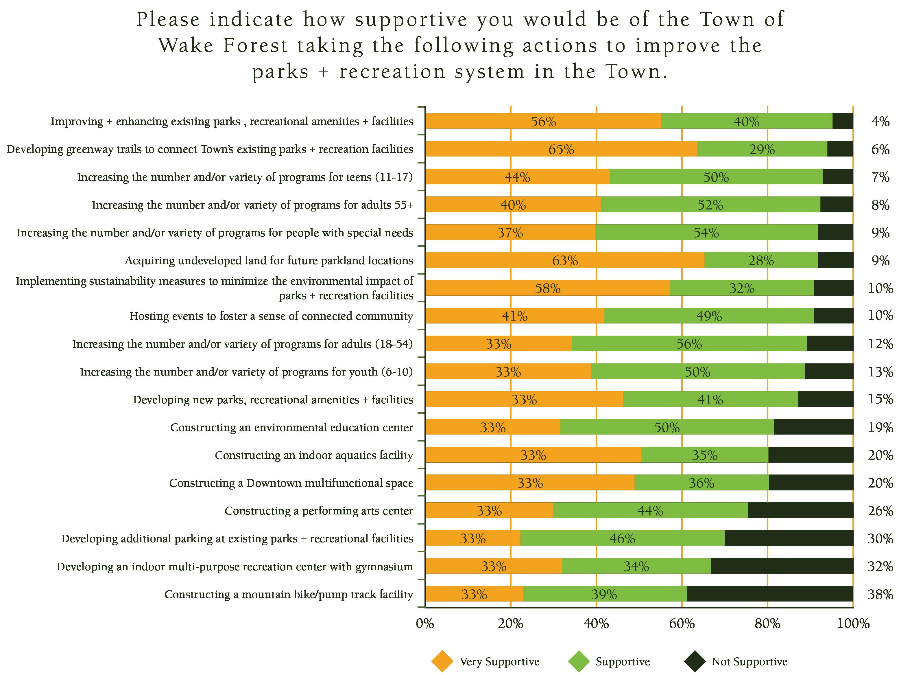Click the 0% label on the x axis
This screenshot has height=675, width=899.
tap(425, 624)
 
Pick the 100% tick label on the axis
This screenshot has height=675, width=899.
tap(853, 624)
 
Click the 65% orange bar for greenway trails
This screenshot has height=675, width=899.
tap(561, 149)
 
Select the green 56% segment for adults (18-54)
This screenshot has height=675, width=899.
tap(689, 344)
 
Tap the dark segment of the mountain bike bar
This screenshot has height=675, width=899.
tap(770, 594)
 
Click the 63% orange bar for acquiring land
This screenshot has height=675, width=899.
tap(565, 260)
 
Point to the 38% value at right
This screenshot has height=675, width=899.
tap(880, 595)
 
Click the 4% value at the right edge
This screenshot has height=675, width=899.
tap(880, 122)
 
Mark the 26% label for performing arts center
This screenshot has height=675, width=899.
tap(880, 511)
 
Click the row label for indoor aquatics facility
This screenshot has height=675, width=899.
tap(314, 455)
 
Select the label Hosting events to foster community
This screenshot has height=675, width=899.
tap(271, 316)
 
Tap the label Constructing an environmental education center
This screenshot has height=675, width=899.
tap(291, 427)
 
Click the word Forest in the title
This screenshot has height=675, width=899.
tap(256, 45)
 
